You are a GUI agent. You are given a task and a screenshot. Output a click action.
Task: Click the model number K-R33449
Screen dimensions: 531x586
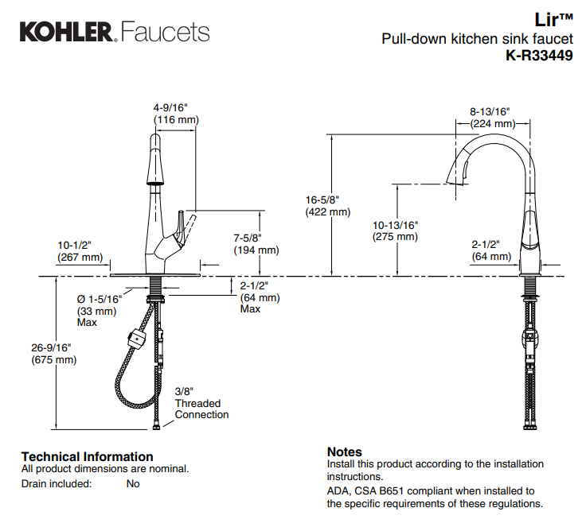click(x=539, y=56)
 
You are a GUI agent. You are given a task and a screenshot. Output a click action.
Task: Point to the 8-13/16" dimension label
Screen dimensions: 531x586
click(x=489, y=112)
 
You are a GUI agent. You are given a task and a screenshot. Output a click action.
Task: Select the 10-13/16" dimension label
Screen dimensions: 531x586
click(x=395, y=225)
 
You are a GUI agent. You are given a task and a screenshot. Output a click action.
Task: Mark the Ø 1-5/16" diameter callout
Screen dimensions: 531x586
click(x=99, y=299)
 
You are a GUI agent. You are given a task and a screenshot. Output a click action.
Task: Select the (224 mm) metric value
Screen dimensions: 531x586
click(x=492, y=124)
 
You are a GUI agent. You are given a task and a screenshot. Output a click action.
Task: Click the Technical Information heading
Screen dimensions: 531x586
click(x=87, y=456)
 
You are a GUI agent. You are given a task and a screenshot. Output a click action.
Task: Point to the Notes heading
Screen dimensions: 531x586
click(x=344, y=452)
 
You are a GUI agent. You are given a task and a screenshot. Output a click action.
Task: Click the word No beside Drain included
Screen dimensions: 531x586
click(x=133, y=483)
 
